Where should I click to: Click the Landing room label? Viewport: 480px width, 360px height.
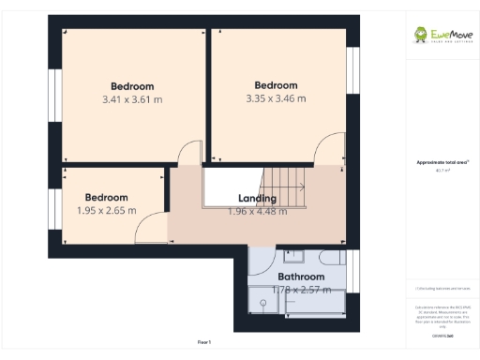tap(257, 199)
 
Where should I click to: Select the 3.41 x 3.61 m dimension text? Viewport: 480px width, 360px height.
tap(132, 98)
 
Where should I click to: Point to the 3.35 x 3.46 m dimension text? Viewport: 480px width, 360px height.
tap(276, 98)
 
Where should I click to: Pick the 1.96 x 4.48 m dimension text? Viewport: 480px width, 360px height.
tap(257, 211)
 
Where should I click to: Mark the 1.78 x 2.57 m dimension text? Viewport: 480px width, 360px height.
tap(301, 290)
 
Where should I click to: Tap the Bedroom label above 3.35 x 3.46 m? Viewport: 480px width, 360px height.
tap(276, 85)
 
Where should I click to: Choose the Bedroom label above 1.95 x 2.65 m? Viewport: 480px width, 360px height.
tap(106, 197)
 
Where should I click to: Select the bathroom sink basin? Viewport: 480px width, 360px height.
tap(293, 255)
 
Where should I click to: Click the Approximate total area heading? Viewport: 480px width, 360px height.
tap(437, 162)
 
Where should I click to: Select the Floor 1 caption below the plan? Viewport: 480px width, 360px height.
tap(204, 341)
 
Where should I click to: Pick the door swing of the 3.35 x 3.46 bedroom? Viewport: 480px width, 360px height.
tap(330, 150)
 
